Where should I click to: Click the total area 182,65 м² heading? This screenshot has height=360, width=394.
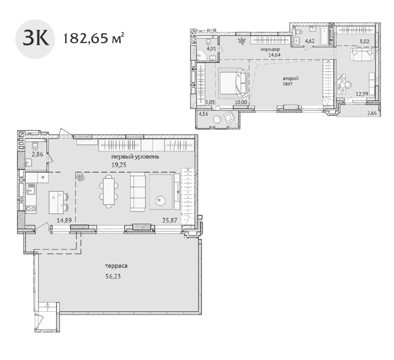tap(93, 39)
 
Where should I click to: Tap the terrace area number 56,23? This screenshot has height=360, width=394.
tap(113, 277)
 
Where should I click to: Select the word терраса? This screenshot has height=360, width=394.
tap(116, 266)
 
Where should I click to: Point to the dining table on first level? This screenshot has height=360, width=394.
tap(109, 191)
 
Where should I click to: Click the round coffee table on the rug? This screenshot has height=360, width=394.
tap(160, 201)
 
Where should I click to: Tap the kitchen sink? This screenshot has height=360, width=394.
tap(31, 189)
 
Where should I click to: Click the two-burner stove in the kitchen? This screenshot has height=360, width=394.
tap(31, 208)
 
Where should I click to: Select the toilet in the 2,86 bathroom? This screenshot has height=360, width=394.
tap(35, 146)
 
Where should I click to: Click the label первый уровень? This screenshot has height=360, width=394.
tap(136, 157)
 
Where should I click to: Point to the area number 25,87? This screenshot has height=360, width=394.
tap(170, 221)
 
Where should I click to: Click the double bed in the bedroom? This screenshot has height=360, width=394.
tap(233, 82)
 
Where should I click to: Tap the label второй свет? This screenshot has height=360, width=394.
tap(290, 81)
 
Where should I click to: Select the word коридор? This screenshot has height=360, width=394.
tap(270, 49)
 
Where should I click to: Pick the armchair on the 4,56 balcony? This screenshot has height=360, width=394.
tap(229, 117)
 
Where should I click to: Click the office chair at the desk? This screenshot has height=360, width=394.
tap(348, 85)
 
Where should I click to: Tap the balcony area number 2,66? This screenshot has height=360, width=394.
tap(371, 113)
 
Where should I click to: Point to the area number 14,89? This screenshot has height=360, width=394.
tap(64, 221)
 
